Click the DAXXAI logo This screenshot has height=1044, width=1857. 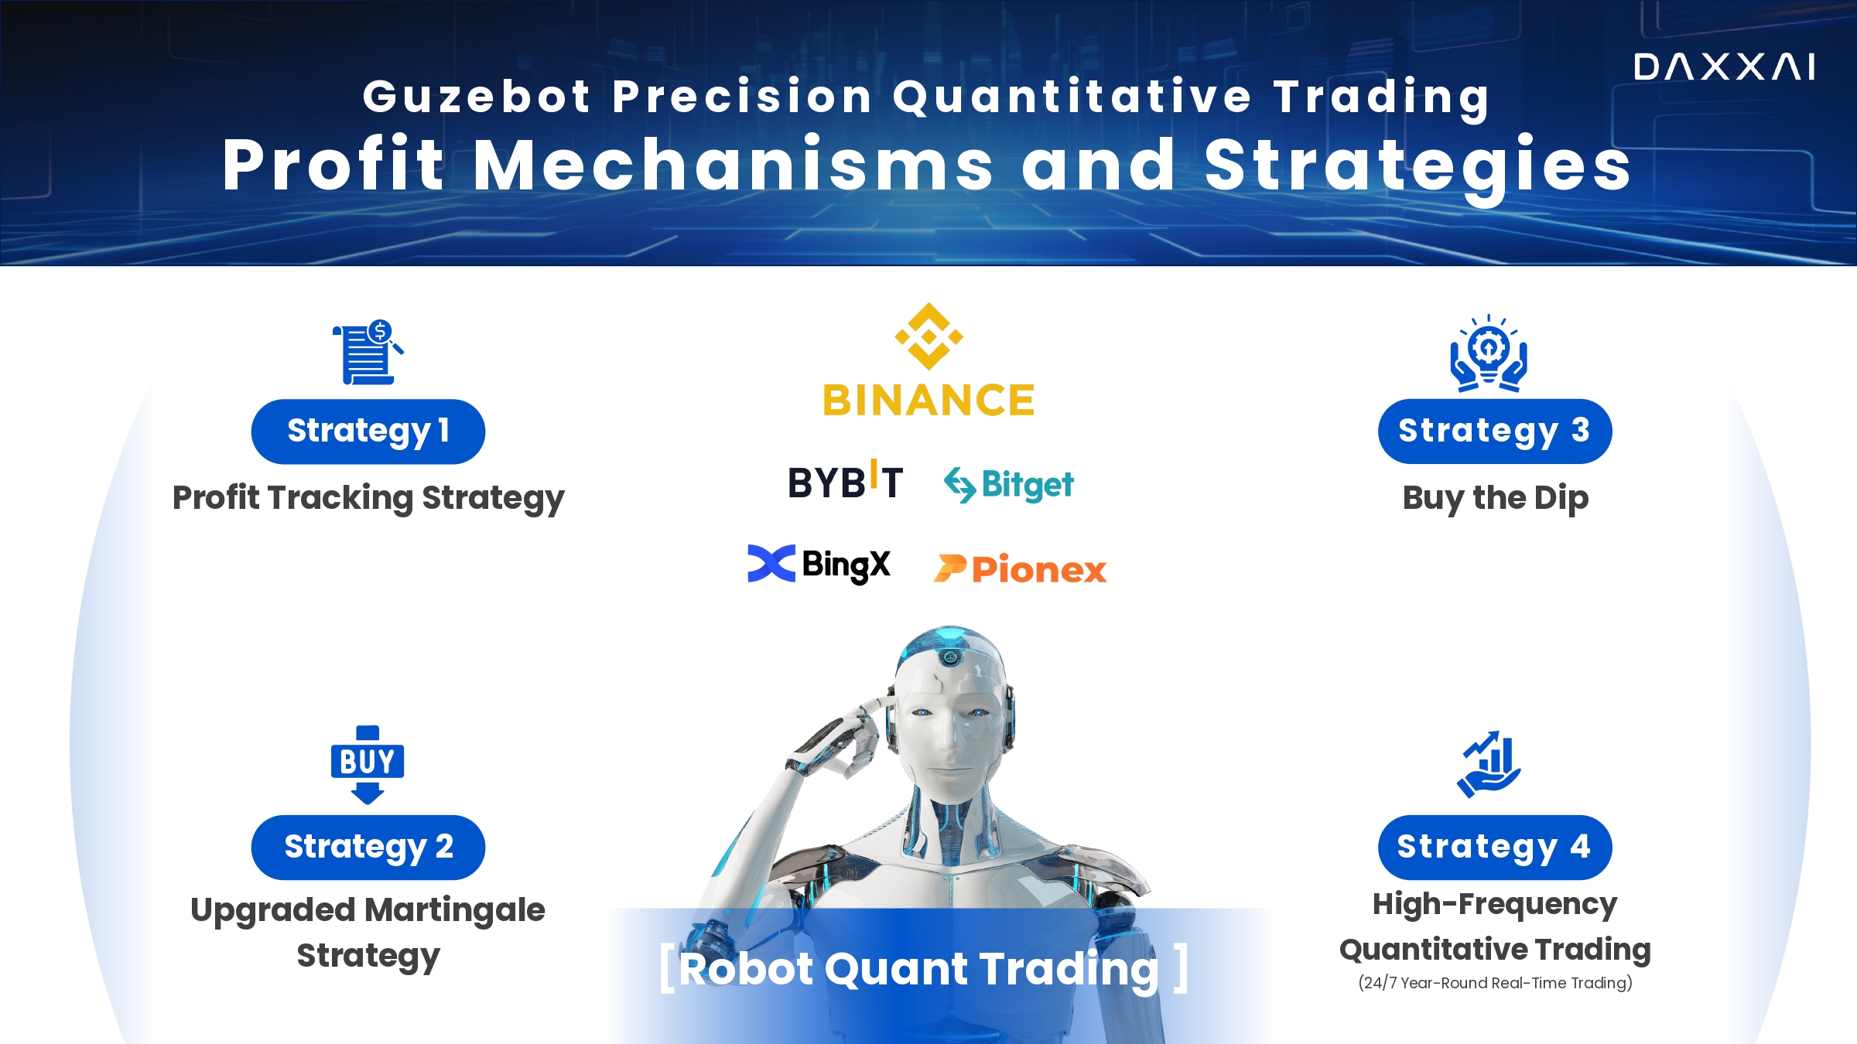[1724, 67]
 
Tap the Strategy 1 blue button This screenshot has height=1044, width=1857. [368, 432]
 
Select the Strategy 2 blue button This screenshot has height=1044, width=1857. [368, 847]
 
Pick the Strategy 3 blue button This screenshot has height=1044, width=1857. [1495, 432]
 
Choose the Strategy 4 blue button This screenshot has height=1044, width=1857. [1495, 847]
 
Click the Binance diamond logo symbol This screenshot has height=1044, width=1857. [929, 336]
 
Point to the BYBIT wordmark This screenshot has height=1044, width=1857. [845, 481]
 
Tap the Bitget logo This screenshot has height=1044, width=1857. [1009, 485]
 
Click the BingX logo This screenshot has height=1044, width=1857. [819, 565]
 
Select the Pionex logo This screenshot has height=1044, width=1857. [1020, 569]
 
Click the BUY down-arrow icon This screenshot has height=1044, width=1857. [368, 765]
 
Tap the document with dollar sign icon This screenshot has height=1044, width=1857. [368, 352]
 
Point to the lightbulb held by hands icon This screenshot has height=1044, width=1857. [1489, 353]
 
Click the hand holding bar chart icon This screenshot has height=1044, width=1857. [1489, 764]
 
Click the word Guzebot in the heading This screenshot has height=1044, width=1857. [477, 97]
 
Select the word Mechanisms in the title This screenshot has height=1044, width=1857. [733, 165]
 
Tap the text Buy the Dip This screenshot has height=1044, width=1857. [1496, 499]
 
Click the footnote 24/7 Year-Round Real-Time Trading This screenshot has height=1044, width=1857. [1496, 983]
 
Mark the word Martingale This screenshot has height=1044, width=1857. [457, 911]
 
